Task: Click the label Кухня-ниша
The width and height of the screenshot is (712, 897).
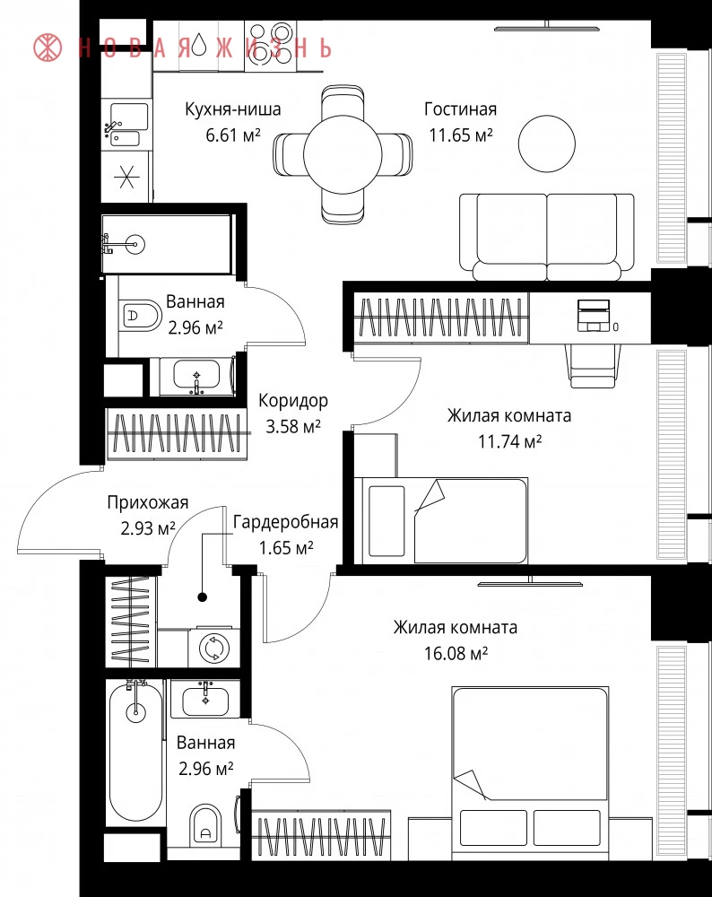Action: tap(233, 109)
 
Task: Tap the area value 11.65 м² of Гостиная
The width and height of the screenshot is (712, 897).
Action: tap(461, 135)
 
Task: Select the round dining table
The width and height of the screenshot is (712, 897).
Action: tap(343, 153)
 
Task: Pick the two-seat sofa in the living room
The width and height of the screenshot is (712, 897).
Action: tap(547, 236)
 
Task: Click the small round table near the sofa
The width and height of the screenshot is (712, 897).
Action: tap(547, 144)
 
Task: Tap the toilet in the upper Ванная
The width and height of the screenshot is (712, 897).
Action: tap(141, 315)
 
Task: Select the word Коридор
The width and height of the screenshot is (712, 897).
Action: tap(293, 400)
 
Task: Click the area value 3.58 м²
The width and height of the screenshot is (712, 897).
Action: tap(293, 426)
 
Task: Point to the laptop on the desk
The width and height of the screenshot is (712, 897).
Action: tap(594, 315)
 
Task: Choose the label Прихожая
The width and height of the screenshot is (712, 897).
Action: tap(148, 503)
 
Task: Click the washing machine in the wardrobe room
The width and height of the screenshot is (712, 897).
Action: tap(214, 649)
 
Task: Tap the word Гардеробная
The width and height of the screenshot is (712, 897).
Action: tap(285, 522)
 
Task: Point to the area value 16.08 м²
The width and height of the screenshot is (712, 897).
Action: tap(456, 653)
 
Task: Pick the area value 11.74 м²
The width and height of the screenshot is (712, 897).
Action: tap(509, 441)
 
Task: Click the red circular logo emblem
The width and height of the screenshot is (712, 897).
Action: tap(48, 48)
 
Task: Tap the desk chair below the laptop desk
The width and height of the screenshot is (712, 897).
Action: tap(593, 366)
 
